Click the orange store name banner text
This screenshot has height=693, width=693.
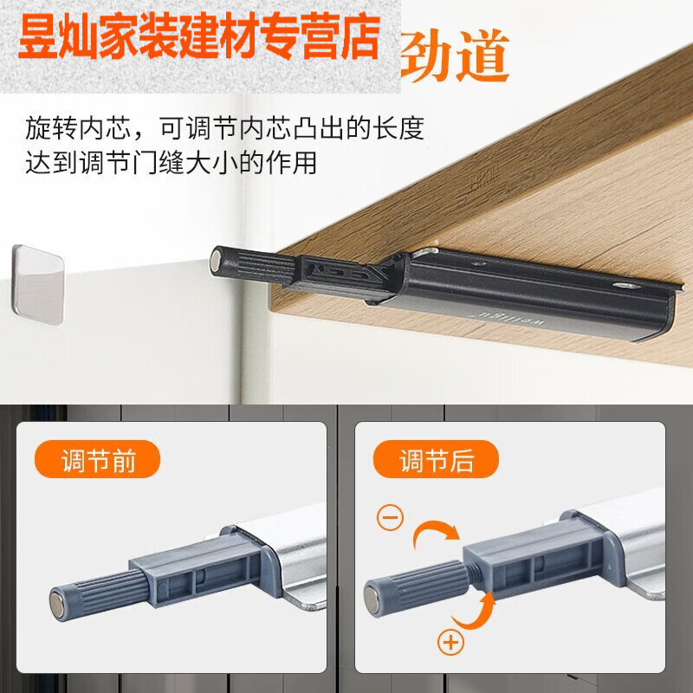coord(199,36)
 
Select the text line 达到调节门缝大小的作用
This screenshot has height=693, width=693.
coord(171,163)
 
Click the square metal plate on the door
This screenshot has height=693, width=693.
coord(38,283)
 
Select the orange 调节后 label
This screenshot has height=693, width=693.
coord(436,460)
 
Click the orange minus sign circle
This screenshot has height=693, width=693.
coord(390,518)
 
